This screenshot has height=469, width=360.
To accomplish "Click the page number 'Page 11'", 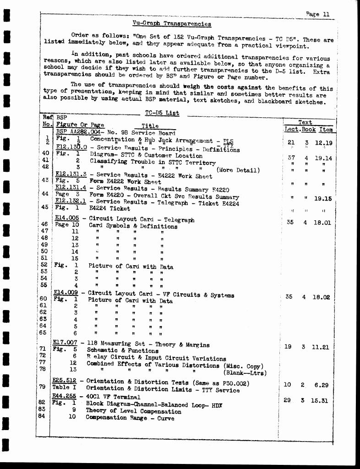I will coord(318,14).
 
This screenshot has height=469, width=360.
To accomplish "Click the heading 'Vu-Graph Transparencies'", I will coord(172,24).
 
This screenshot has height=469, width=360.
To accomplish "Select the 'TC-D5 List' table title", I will coord(162,113).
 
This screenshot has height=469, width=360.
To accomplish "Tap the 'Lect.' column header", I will coord(291,130).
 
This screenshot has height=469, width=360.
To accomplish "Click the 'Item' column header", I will coord(326,130).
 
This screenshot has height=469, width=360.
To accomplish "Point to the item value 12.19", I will coord(324,143).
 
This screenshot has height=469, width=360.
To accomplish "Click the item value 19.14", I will coord(324,158).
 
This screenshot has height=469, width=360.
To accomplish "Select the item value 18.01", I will coord(322,223).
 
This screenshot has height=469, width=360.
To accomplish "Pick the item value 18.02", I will coord(322,297).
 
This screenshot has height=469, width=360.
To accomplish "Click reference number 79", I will coord(42,387).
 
